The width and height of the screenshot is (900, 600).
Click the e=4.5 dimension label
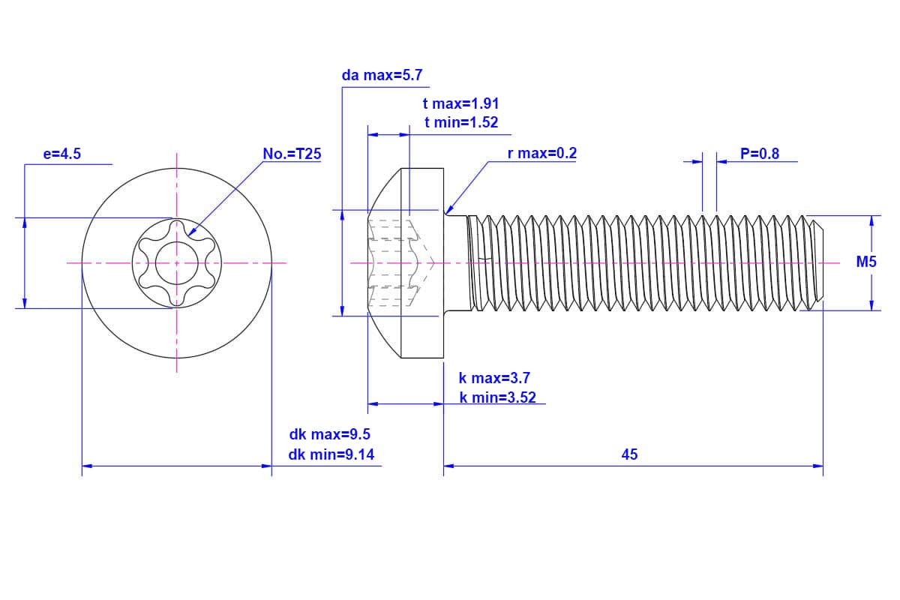coord(62,154)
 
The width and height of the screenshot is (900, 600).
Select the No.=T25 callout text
coord(292,154)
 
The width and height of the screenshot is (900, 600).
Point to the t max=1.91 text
coord(461,104)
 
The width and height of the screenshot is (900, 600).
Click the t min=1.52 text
coord(461,122)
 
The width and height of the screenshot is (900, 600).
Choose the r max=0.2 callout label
coord(542,154)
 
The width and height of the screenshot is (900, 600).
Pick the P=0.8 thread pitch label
coord(759,154)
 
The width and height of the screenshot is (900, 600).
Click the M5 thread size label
coord(866,262)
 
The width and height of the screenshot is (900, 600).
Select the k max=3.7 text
coord(494,378)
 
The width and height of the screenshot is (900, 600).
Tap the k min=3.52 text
coord(498,397)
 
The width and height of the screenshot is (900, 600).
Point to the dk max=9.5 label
coord(329,434)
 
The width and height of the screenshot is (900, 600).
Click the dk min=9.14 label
coord(331,454)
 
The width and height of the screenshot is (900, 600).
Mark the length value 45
coord(629,454)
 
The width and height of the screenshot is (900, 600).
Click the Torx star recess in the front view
coord(177,263)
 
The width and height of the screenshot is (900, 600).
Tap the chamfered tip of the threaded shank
coord(817,262)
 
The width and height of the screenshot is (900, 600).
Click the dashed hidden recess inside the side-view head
coord(397,262)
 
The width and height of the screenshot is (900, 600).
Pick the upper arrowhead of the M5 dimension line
coord(871,220)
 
